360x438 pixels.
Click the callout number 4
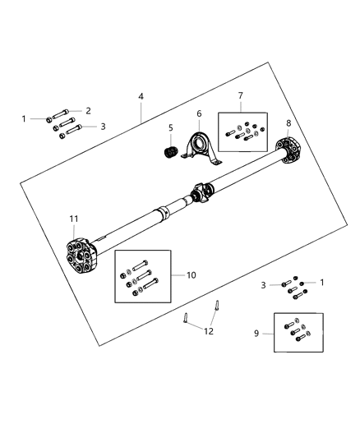141,97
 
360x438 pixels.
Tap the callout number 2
88,110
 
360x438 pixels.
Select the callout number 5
170,128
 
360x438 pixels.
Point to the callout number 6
198,113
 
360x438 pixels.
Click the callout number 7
241,97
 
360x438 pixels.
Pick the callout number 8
288,123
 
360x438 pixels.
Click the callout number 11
73,219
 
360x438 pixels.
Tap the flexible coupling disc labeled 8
290,152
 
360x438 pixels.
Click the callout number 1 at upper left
24,119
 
